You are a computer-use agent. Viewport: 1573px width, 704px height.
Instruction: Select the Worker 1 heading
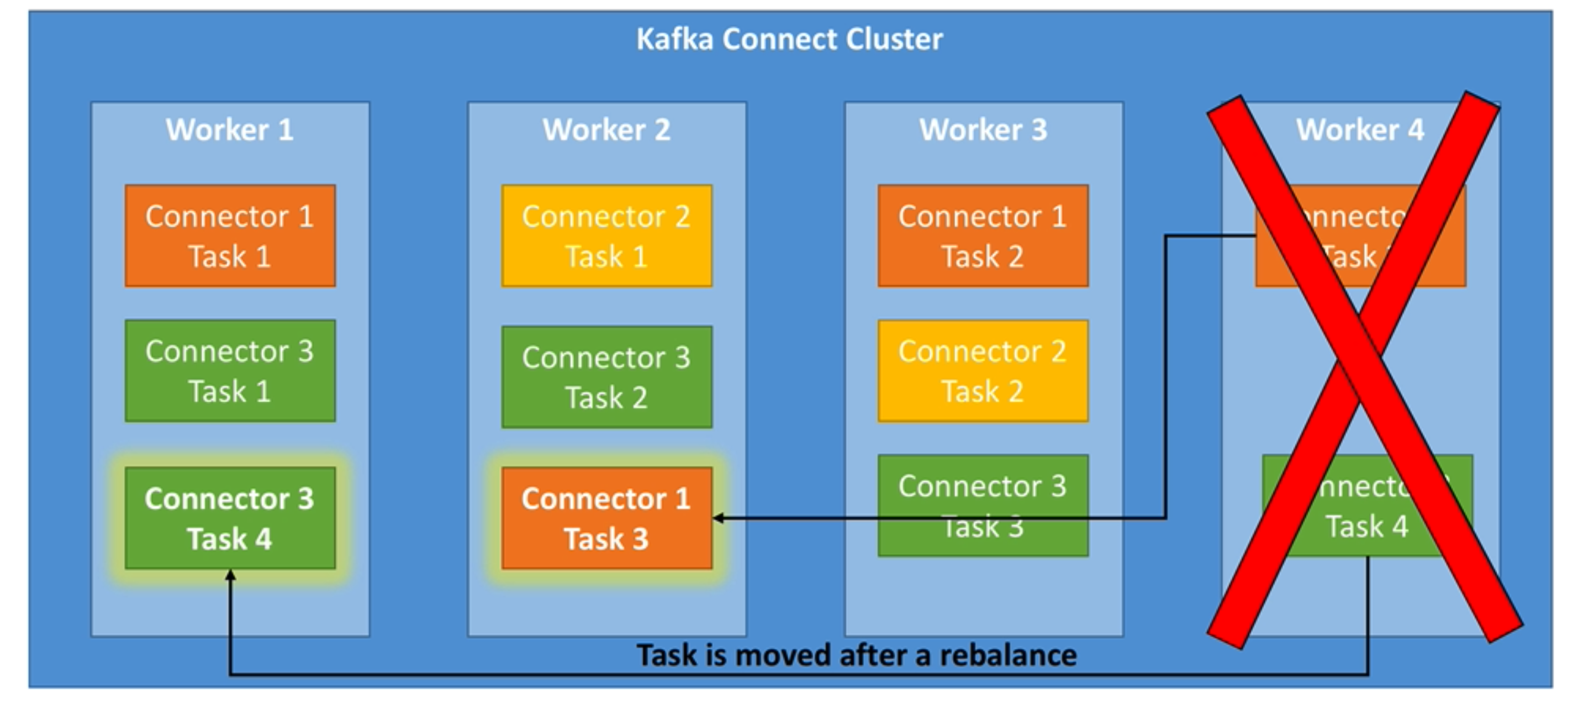[230, 129]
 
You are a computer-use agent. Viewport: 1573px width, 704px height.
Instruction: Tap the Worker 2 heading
[606, 129]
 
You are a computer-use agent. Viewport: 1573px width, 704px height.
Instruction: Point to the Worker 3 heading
[983, 129]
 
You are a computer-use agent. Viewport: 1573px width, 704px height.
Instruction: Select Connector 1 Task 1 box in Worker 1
[230, 236]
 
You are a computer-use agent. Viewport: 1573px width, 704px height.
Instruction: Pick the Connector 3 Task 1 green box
[230, 371]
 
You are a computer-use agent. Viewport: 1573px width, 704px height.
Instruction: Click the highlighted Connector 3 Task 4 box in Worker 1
[230, 518]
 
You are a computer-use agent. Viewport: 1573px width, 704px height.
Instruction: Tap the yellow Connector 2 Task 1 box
[606, 236]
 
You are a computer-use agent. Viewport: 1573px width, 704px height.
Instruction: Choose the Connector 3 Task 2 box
[606, 377]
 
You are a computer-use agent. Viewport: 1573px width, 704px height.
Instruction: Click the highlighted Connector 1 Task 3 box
[606, 518]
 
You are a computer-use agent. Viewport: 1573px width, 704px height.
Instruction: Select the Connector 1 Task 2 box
[983, 236]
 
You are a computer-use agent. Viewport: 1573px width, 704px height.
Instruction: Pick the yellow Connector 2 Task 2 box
[983, 371]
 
